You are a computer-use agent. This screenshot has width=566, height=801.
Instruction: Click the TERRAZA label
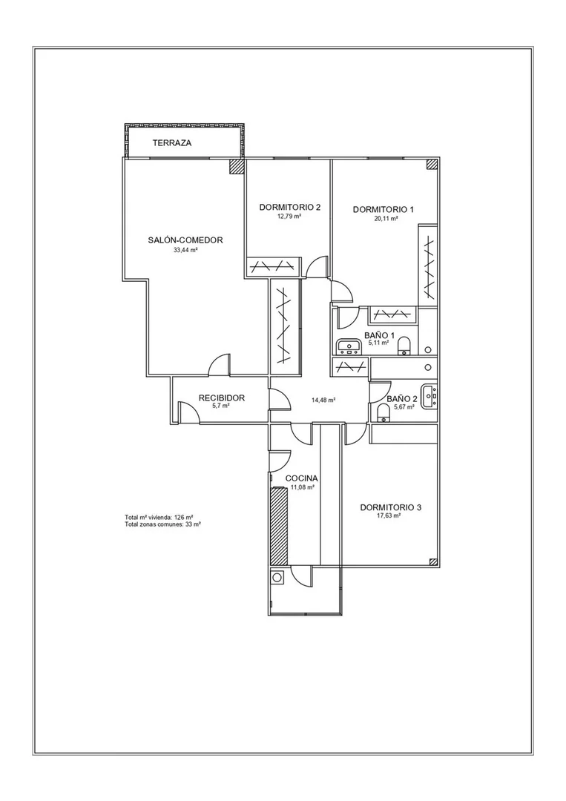tap(172, 143)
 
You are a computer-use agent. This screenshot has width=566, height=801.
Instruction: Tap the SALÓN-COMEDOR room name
tap(185, 240)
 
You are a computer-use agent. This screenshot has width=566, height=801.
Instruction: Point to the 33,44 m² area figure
tap(185, 251)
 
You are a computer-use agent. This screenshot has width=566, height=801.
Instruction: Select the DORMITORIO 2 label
tap(289, 208)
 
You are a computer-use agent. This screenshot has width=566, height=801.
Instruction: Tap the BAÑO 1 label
tap(379, 335)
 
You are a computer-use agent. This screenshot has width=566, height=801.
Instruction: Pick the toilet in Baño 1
tap(404, 346)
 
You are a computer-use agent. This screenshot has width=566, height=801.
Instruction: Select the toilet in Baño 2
tap(383, 412)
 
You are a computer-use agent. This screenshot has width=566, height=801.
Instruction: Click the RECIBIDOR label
tap(222, 398)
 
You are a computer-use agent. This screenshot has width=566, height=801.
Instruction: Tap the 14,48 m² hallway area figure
tap(323, 400)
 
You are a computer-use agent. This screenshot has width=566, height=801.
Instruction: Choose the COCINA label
tap(301, 478)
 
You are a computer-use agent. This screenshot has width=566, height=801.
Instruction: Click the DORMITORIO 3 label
tap(391, 508)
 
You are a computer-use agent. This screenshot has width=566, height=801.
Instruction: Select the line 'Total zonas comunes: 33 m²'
tap(162, 524)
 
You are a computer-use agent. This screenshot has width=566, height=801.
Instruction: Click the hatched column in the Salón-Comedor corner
tap(237, 167)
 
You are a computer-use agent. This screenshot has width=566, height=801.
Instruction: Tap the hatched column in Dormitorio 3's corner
tap(434, 562)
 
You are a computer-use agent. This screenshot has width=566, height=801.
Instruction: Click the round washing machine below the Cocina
tap(277, 578)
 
